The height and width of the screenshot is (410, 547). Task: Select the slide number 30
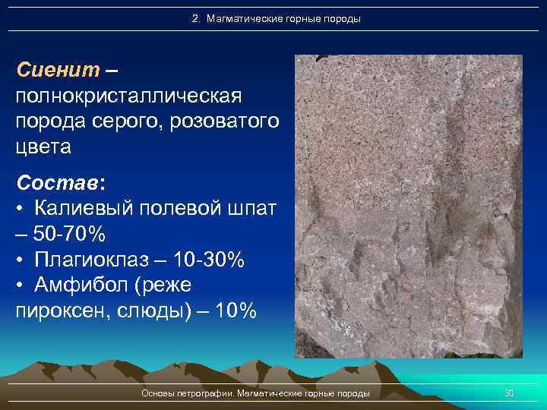(x=510, y=393)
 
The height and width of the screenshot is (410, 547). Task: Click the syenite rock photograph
(x=409, y=205)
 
